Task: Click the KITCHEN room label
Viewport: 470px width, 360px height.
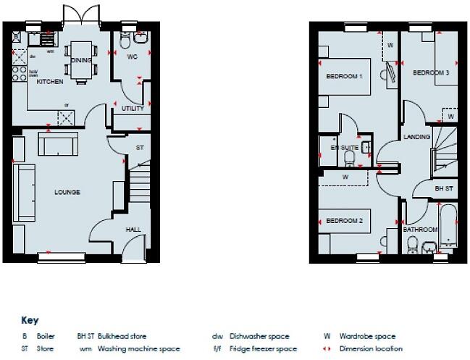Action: [x=50, y=82]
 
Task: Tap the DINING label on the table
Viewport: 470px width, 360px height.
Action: [x=81, y=60]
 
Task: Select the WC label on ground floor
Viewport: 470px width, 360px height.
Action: [x=132, y=56]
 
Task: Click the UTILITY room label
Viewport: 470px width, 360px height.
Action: [x=133, y=109]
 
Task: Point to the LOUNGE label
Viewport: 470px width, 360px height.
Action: [x=67, y=192]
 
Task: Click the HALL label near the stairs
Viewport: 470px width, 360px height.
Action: [x=133, y=230]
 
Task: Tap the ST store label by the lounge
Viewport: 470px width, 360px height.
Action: [x=140, y=148]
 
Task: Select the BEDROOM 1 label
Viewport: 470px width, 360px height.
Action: [x=344, y=76]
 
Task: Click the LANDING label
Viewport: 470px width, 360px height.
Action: [x=417, y=137]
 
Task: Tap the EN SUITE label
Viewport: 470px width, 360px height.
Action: [x=345, y=148]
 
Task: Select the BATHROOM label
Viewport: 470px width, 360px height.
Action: [x=420, y=230]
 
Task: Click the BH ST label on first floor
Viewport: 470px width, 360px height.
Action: [x=443, y=188]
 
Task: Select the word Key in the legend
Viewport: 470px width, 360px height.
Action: [x=30, y=320]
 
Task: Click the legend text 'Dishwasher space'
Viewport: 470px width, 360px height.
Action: [x=259, y=336]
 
